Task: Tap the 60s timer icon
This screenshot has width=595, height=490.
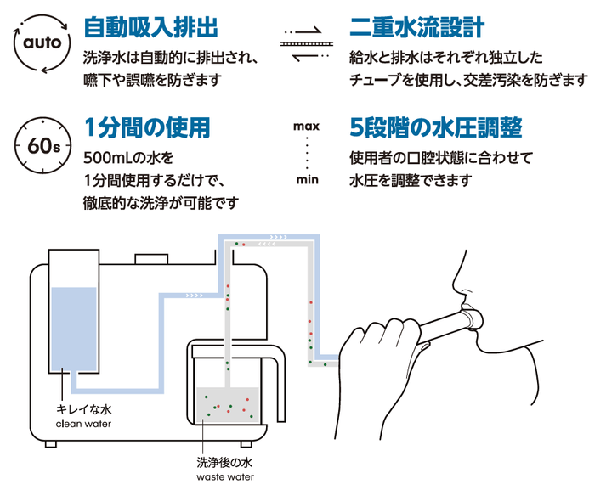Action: [x=38, y=145]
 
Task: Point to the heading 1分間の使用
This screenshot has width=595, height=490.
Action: [x=146, y=128]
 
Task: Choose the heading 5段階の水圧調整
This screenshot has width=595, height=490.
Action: [x=435, y=128]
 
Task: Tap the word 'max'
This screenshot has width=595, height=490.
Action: [x=305, y=127]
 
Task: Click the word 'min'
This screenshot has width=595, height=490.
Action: [x=306, y=180]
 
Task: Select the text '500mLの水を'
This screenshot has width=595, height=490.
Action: [x=127, y=159]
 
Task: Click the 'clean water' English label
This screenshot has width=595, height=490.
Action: [x=83, y=423]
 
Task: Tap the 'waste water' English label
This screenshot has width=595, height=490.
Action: [x=224, y=477]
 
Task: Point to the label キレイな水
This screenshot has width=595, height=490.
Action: [x=83, y=408]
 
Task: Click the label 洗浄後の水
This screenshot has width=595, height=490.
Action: [x=224, y=463]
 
